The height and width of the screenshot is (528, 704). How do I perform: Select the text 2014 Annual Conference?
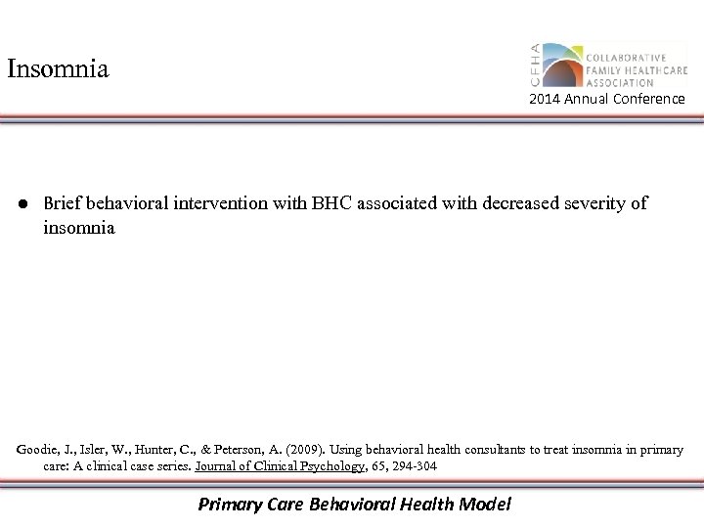point(607,100)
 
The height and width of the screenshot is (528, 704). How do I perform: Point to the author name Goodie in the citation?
point(38,450)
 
